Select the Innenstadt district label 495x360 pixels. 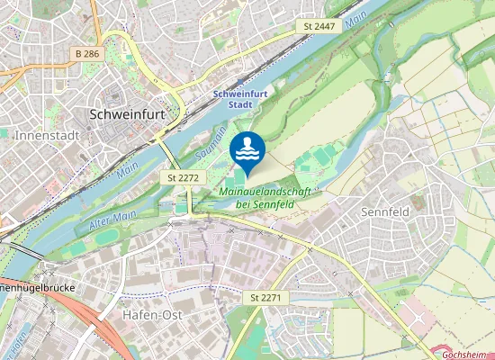click(x=47, y=135)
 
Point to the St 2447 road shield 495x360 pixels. click(x=319, y=27)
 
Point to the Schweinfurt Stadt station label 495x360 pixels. click(x=238, y=98)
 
